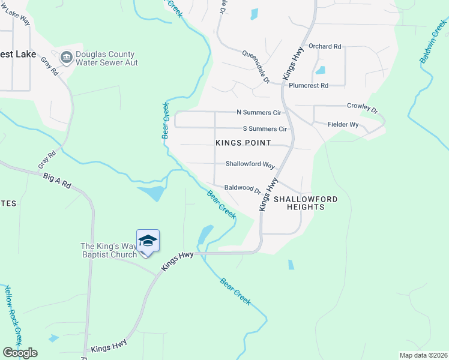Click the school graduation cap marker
click(x=148, y=241)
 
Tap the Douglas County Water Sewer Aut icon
click(x=66, y=58)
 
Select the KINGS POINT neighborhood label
click(x=240, y=142)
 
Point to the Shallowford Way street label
click(x=250, y=164)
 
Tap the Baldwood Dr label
click(x=242, y=188)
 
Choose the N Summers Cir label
click(x=259, y=112)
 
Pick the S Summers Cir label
click(x=265, y=129)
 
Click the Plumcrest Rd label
click(x=308, y=86)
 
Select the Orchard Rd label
click(x=324, y=46)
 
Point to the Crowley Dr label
click(x=363, y=108)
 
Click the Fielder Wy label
click(x=343, y=125)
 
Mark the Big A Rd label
click(x=57, y=181)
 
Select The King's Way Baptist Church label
click(x=109, y=250)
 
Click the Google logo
click(x=20, y=353)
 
